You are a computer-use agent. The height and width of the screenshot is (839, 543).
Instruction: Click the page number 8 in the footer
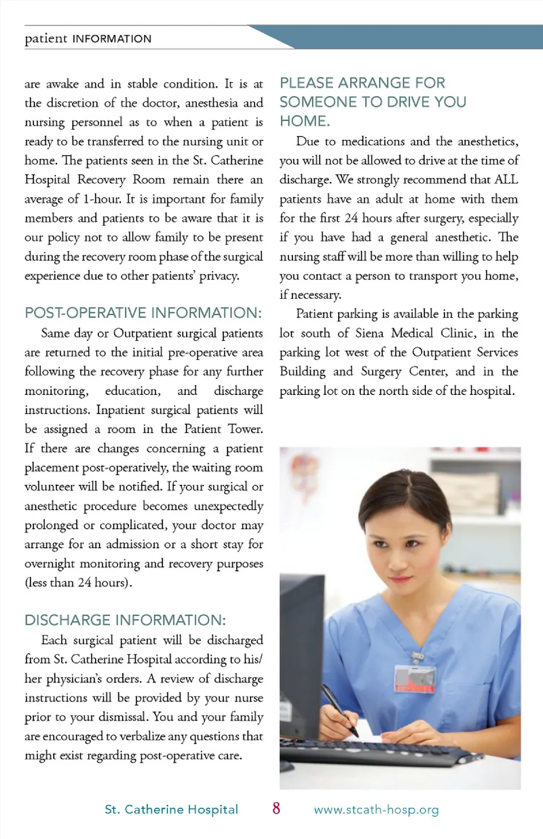click(x=276, y=808)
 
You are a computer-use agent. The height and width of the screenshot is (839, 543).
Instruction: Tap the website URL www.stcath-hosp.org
click(x=376, y=810)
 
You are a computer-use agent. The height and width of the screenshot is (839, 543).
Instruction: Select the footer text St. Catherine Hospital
click(x=171, y=810)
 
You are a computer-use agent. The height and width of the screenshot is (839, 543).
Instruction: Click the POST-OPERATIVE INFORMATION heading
click(x=143, y=313)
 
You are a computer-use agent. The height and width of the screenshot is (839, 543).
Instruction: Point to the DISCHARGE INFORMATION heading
click(x=125, y=620)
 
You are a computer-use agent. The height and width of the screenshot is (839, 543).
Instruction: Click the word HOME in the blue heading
click(x=303, y=121)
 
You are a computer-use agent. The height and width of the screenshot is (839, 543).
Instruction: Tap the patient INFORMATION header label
click(x=88, y=38)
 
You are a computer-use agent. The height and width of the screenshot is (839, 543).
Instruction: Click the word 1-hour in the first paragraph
click(x=102, y=199)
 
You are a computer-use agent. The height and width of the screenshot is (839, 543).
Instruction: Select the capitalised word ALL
click(x=506, y=180)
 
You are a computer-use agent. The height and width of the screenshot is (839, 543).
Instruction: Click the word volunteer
click(x=50, y=487)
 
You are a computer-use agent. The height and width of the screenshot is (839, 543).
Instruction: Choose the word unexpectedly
click(x=229, y=506)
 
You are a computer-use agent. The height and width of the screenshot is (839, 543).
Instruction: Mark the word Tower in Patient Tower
click(x=245, y=429)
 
